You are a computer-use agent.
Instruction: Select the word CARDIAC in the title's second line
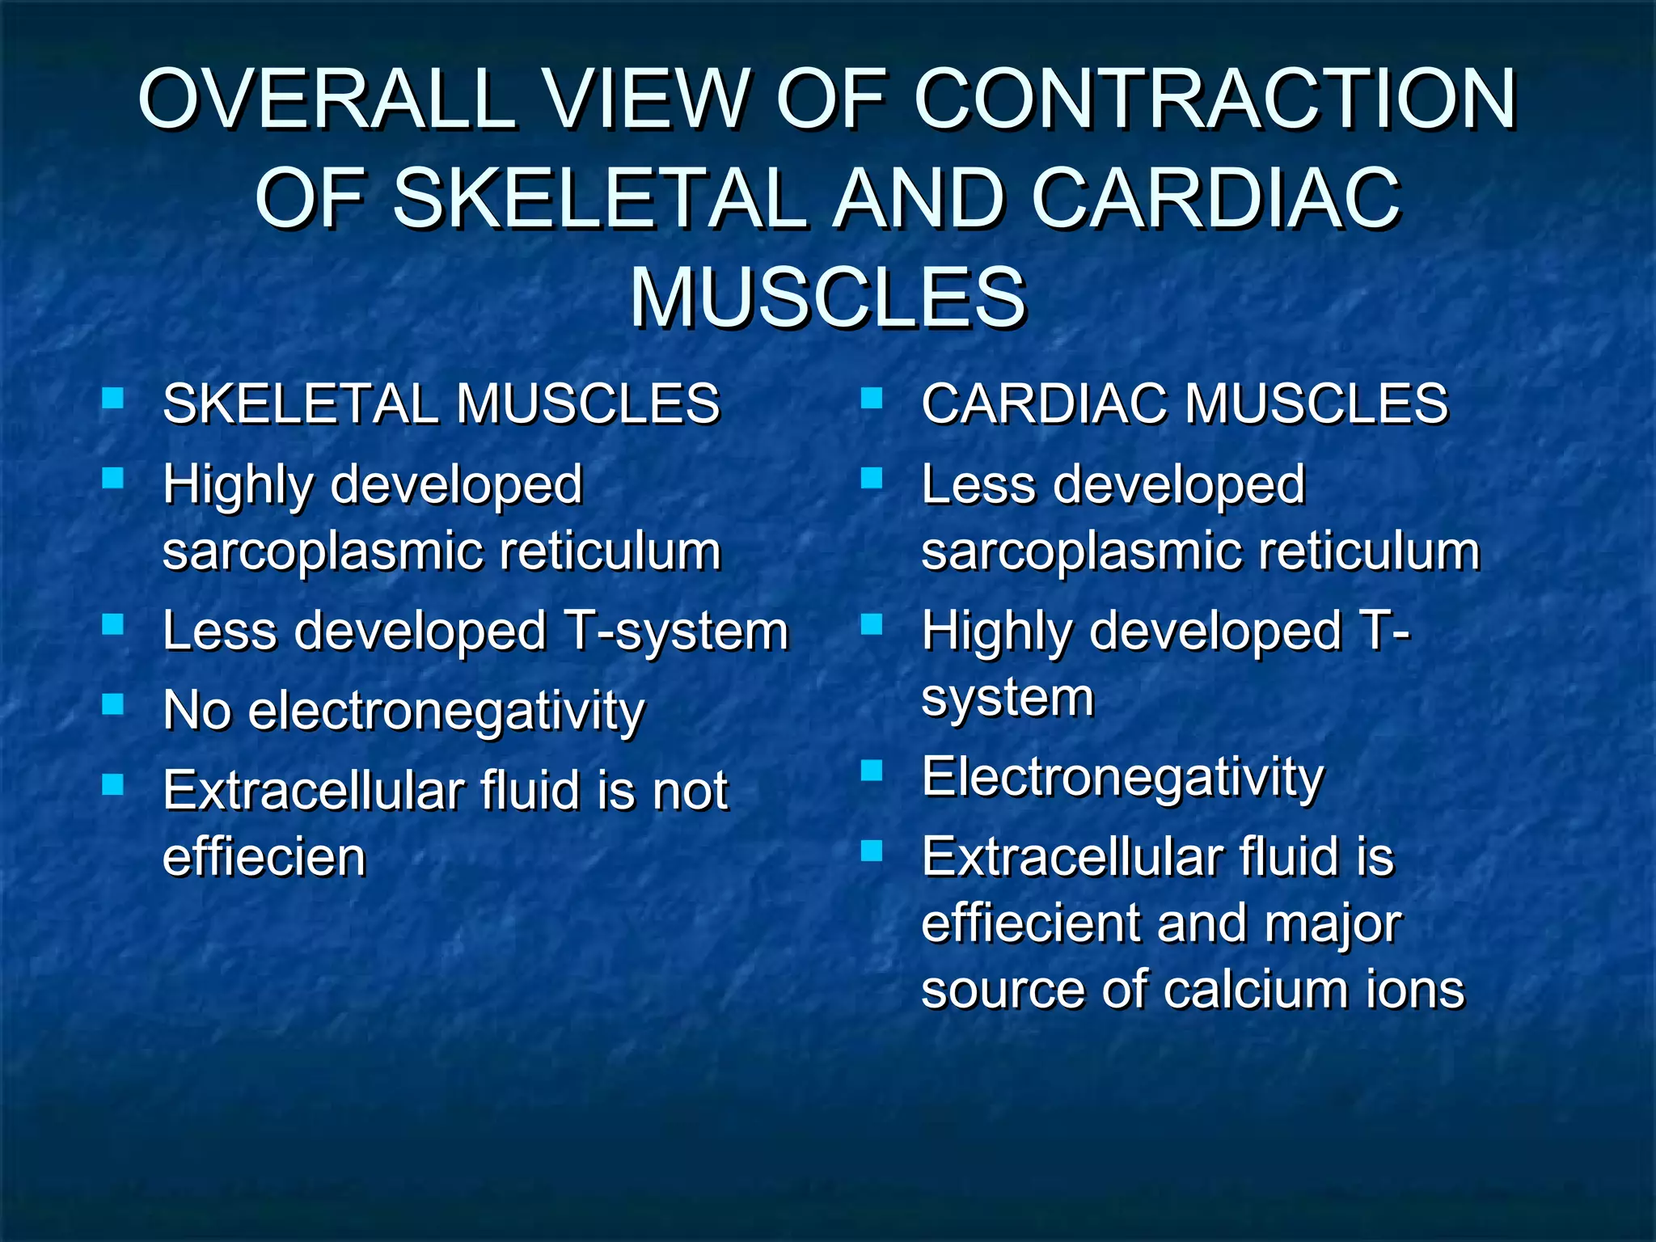click(1216, 198)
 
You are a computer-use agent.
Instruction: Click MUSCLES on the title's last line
click(828, 298)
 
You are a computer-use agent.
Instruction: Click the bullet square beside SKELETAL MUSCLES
click(112, 398)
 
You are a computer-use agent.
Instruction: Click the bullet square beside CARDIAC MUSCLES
click(871, 398)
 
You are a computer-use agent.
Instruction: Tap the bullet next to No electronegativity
click(112, 704)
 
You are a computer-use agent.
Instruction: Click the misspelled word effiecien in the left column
click(264, 857)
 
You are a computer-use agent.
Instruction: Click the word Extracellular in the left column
click(313, 791)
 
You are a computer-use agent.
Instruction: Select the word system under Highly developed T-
click(1008, 697)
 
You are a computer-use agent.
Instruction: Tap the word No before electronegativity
click(197, 711)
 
